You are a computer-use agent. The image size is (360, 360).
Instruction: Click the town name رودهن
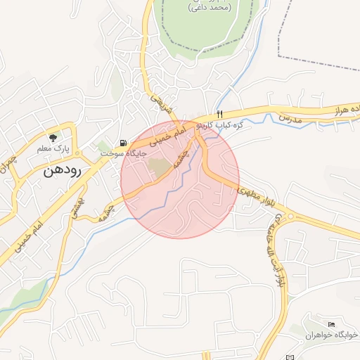(x=63, y=170)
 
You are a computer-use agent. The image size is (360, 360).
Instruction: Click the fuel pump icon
(x=124, y=142)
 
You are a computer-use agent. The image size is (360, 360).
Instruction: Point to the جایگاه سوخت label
(x=123, y=153)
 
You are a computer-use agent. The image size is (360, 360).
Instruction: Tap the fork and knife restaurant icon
(x=219, y=114)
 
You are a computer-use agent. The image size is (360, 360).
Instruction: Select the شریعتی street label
(x=161, y=104)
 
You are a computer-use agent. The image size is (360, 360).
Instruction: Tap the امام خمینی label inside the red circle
(x=171, y=133)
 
